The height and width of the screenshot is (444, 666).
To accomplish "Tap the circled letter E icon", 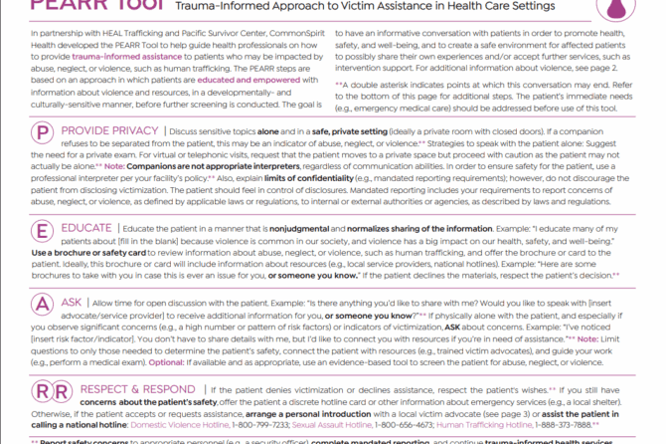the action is point(43,233).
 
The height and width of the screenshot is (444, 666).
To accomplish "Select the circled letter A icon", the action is point(43,305).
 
